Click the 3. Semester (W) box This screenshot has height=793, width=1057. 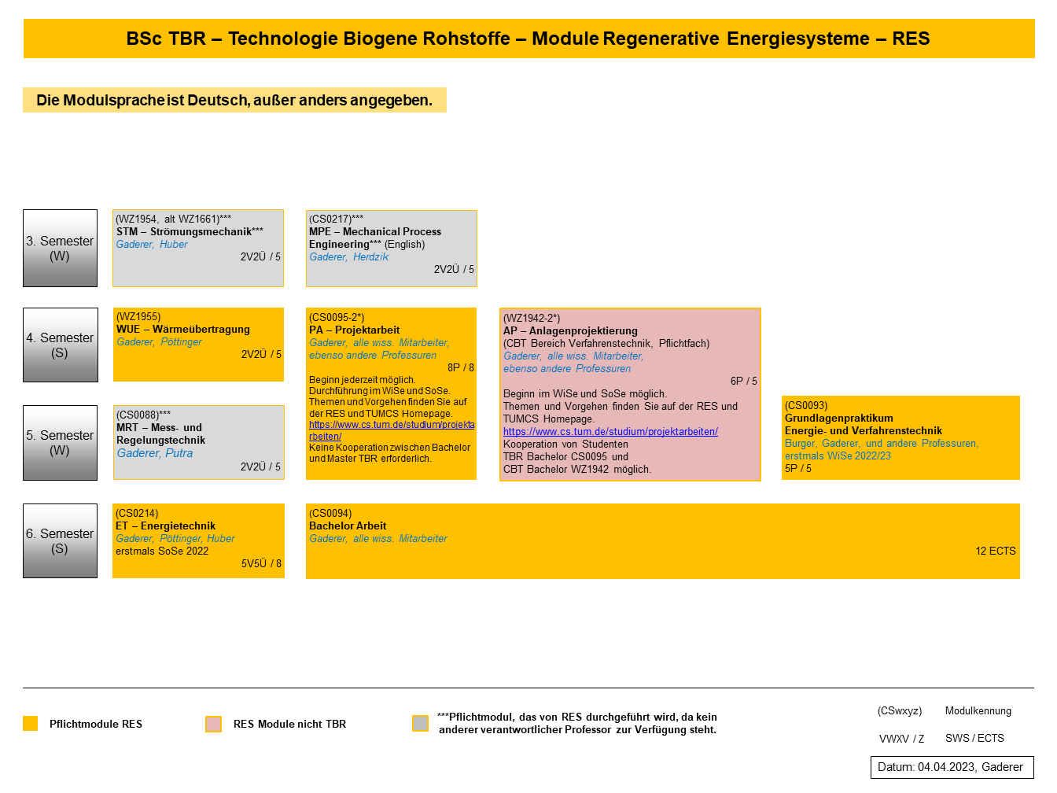(x=61, y=248)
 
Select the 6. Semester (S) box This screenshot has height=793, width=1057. (x=61, y=540)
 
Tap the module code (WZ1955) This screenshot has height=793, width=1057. (x=138, y=316)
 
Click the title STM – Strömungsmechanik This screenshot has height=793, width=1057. (x=190, y=231)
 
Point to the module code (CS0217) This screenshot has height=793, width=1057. (x=336, y=219)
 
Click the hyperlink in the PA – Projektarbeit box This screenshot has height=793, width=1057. (x=392, y=430)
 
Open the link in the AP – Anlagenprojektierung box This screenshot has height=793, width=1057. (x=610, y=431)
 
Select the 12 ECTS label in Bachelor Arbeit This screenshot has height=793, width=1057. (x=996, y=551)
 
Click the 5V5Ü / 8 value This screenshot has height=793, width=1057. (x=261, y=563)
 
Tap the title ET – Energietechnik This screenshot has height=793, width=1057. (x=166, y=526)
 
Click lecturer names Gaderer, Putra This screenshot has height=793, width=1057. (x=155, y=453)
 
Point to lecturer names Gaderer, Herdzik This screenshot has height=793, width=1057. (x=348, y=256)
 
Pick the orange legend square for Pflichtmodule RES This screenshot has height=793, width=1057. (x=31, y=724)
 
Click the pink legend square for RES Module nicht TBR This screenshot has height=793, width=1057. (x=213, y=724)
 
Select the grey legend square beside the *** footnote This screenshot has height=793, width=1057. (x=421, y=723)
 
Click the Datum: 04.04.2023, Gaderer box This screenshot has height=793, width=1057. (x=952, y=767)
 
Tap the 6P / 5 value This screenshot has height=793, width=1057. (x=743, y=381)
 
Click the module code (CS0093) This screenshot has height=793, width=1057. (x=806, y=405)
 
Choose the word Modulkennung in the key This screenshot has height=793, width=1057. (x=978, y=710)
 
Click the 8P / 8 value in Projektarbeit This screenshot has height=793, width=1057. (x=461, y=367)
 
